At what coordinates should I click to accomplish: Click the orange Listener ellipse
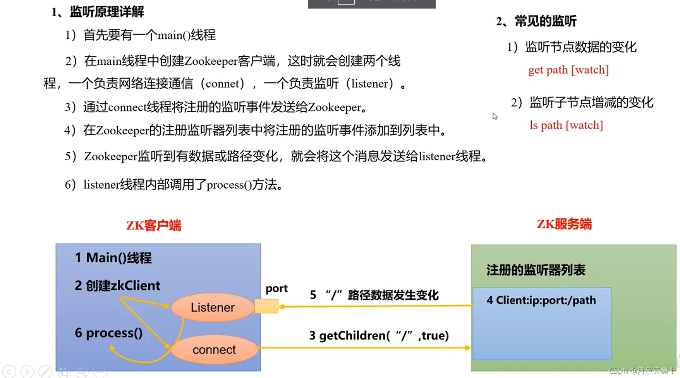tap(213, 308)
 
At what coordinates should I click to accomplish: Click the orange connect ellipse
tap(214, 350)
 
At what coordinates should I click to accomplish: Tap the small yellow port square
tap(266, 306)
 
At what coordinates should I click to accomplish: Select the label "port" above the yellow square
tap(276, 289)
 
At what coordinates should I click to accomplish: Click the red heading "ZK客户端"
tap(154, 225)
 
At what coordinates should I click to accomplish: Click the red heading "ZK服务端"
tap(564, 224)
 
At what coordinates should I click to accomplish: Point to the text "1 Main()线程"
tap(113, 258)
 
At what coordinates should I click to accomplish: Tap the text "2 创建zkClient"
tap(117, 286)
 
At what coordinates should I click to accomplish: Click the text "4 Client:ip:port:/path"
tap(541, 300)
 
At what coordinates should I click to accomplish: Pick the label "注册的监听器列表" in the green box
tap(536, 270)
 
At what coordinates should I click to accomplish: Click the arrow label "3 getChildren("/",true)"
tap(379, 335)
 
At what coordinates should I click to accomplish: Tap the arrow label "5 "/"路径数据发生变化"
tap(374, 295)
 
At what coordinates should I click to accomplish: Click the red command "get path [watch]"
tap(568, 70)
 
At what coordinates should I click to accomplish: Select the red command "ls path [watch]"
tap(566, 125)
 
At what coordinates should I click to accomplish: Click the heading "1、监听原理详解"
tap(98, 12)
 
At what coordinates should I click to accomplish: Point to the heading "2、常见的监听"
tap(536, 21)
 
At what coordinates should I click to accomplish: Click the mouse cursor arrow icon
tap(495, 116)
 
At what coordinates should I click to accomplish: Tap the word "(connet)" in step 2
tap(225, 84)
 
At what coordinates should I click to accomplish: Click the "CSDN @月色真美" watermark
tap(641, 371)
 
